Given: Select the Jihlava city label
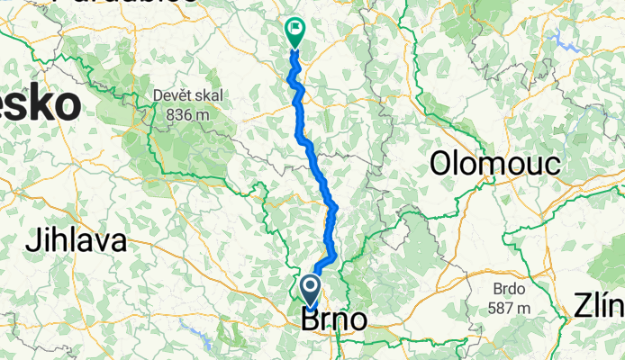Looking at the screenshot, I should pos(76,241).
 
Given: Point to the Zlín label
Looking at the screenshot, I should pos(599,309).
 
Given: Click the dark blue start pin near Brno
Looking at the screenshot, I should pos(310,290).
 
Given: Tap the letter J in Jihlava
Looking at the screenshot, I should pos(32,241).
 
